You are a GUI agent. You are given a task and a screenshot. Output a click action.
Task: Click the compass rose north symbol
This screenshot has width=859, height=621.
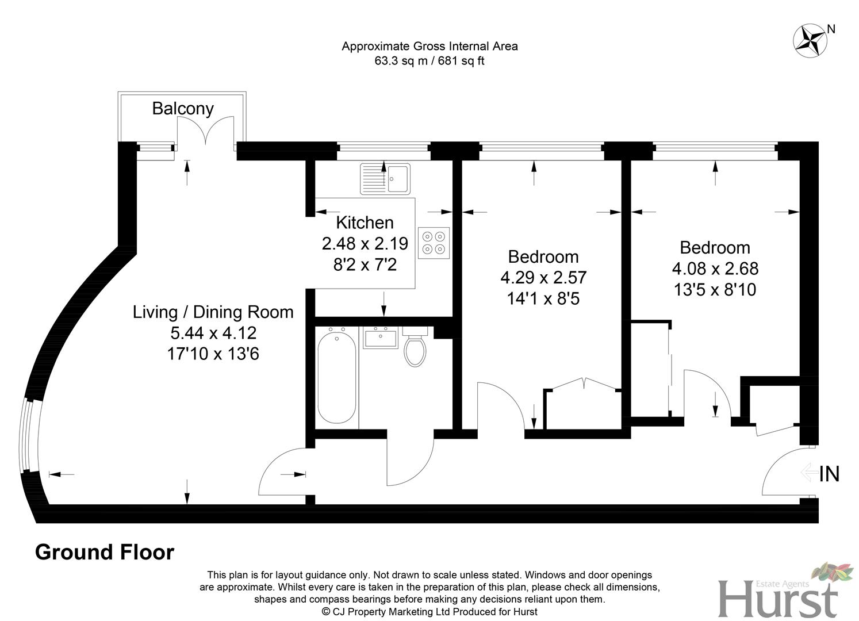tap(810, 40)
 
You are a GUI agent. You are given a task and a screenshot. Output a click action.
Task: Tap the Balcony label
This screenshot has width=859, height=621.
tap(182, 108)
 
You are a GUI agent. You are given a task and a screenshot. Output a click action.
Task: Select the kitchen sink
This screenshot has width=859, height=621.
tap(385, 178)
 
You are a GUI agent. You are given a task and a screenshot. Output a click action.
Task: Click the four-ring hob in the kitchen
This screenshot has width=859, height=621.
tap(434, 243)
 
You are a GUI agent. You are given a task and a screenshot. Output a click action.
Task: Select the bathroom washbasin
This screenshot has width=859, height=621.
tap(380, 338)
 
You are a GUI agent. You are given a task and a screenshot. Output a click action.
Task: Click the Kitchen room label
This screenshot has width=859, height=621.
tap(365, 223)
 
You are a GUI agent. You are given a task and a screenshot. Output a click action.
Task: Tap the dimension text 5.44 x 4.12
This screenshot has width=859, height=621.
tap(213, 333)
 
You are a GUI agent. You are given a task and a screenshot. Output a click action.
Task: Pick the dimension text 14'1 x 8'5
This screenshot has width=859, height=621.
tap(543, 298)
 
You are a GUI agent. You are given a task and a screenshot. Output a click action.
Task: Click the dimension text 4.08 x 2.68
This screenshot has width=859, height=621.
tap(715, 269)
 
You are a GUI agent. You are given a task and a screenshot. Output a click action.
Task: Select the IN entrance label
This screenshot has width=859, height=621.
tap(829, 474)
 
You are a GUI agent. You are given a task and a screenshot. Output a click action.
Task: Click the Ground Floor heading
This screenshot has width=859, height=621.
tap(105, 552)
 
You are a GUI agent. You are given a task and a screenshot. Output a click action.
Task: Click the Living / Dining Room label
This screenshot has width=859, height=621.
tap(213, 312)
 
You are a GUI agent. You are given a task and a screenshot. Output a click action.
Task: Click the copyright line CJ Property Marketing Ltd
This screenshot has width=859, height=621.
tap(429, 612)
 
